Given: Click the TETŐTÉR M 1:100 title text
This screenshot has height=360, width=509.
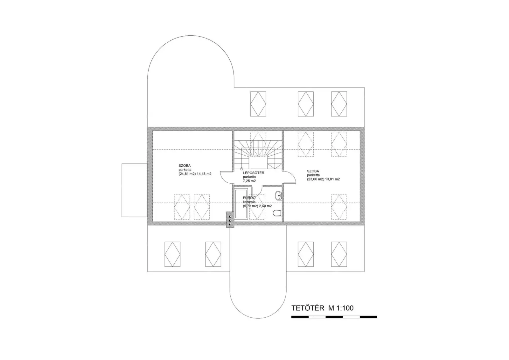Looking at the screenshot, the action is (323, 308).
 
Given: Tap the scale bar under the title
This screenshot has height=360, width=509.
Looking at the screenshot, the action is (334, 317).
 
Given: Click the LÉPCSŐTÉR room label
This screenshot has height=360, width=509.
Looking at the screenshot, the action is (254, 173).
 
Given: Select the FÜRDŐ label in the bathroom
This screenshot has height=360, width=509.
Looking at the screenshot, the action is (249, 198).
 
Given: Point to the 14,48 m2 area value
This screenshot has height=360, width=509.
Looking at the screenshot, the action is (204, 174).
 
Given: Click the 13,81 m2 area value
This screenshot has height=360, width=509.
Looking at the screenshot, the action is (332, 179).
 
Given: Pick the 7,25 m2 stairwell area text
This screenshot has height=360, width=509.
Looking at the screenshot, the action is (249, 181).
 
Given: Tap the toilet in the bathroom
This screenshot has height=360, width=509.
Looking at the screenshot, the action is (277, 213).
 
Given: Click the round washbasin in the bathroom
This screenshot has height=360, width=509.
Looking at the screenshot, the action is (278, 195).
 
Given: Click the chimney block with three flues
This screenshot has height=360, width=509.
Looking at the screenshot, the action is (230, 220).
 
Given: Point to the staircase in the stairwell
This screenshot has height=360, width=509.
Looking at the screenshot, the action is (258, 155).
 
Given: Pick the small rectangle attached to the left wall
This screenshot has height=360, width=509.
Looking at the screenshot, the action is (135, 190).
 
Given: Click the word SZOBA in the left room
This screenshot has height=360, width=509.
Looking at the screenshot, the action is (185, 166).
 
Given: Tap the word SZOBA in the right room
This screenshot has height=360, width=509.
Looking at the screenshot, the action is (313, 171).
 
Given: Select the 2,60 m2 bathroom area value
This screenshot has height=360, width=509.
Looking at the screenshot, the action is (265, 206).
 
